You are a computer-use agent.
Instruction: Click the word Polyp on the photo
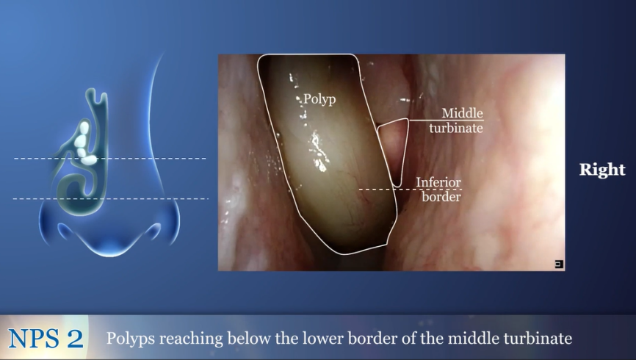pos(319,99)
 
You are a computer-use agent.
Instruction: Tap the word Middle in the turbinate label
pos(463,113)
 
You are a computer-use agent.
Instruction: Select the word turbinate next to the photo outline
pos(456,129)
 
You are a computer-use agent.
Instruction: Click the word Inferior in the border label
pos(438,182)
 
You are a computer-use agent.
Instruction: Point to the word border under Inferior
pos(441,197)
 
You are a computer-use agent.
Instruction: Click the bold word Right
pos(602,170)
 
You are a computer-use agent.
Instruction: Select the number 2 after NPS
pos(76,338)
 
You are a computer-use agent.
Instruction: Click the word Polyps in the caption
pos(131,339)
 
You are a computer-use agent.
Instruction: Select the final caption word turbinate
pos(537,338)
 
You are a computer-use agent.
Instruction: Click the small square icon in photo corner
pos(559,264)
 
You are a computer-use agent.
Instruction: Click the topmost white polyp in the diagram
pos(84,128)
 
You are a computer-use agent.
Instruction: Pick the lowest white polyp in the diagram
pos(88,160)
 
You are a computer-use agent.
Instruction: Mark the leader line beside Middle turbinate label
pos(447,120)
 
